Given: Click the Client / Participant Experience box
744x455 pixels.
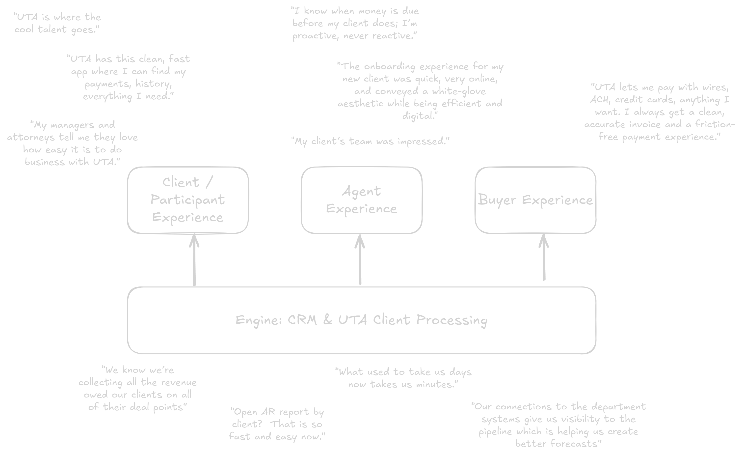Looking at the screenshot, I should [x=188, y=200].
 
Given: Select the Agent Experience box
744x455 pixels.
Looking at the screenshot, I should [x=361, y=200].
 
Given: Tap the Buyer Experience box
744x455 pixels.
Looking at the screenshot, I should [x=535, y=200].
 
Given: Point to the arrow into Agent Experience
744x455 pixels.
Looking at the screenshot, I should [x=360, y=260].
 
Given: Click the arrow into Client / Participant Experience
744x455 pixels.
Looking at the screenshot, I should [x=194, y=260].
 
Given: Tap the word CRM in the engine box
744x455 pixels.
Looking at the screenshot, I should [x=302, y=320].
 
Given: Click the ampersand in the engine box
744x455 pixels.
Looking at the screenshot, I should [x=328, y=320].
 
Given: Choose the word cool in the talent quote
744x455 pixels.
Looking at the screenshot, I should [x=24, y=29].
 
